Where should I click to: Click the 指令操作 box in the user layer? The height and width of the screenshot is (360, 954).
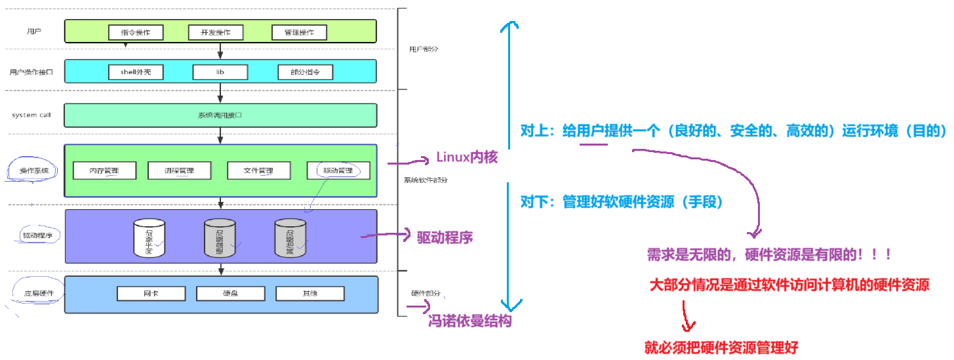click(x=136, y=32)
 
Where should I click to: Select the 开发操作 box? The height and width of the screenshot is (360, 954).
click(x=215, y=32)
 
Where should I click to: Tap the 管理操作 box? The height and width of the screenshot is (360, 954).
click(x=299, y=32)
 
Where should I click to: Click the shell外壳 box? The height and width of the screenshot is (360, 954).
click(x=136, y=72)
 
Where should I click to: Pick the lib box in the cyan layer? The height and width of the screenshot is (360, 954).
click(x=220, y=72)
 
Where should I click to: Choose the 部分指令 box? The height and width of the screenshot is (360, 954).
click(x=306, y=72)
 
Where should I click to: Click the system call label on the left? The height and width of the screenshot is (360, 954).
click(x=31, y=115)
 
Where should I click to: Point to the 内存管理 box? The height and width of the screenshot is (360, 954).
click(x=105, y=170)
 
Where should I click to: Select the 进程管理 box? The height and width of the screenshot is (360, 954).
click(x=180, y=170)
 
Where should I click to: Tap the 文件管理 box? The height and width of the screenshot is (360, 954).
click(x=258, y=170)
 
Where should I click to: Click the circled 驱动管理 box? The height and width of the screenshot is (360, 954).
click(x=338, y=170)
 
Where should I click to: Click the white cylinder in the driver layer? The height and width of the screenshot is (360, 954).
click(x=149, y=237)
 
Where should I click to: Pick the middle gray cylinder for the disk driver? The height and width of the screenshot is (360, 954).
click(x=219, y=237)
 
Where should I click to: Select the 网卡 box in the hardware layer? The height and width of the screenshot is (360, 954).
click(x=150, y=293)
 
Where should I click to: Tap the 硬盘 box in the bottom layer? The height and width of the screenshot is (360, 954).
click(x=229, y=293)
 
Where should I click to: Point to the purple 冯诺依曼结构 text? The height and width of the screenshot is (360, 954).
click(x=469, y=321)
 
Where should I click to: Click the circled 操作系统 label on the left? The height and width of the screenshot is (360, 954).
click(x=33, y=171)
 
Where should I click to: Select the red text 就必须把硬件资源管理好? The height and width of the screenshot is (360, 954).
click(x=721, y=348)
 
